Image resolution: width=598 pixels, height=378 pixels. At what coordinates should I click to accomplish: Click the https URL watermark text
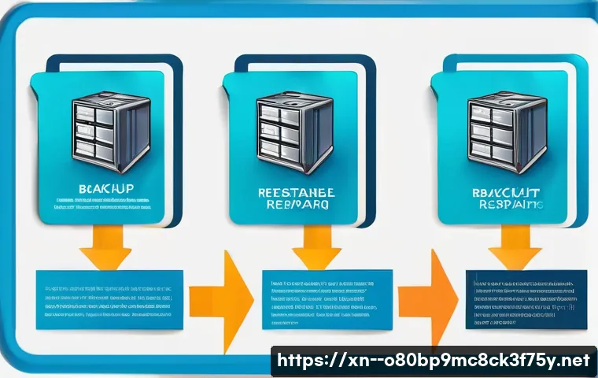tap(432, 361)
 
